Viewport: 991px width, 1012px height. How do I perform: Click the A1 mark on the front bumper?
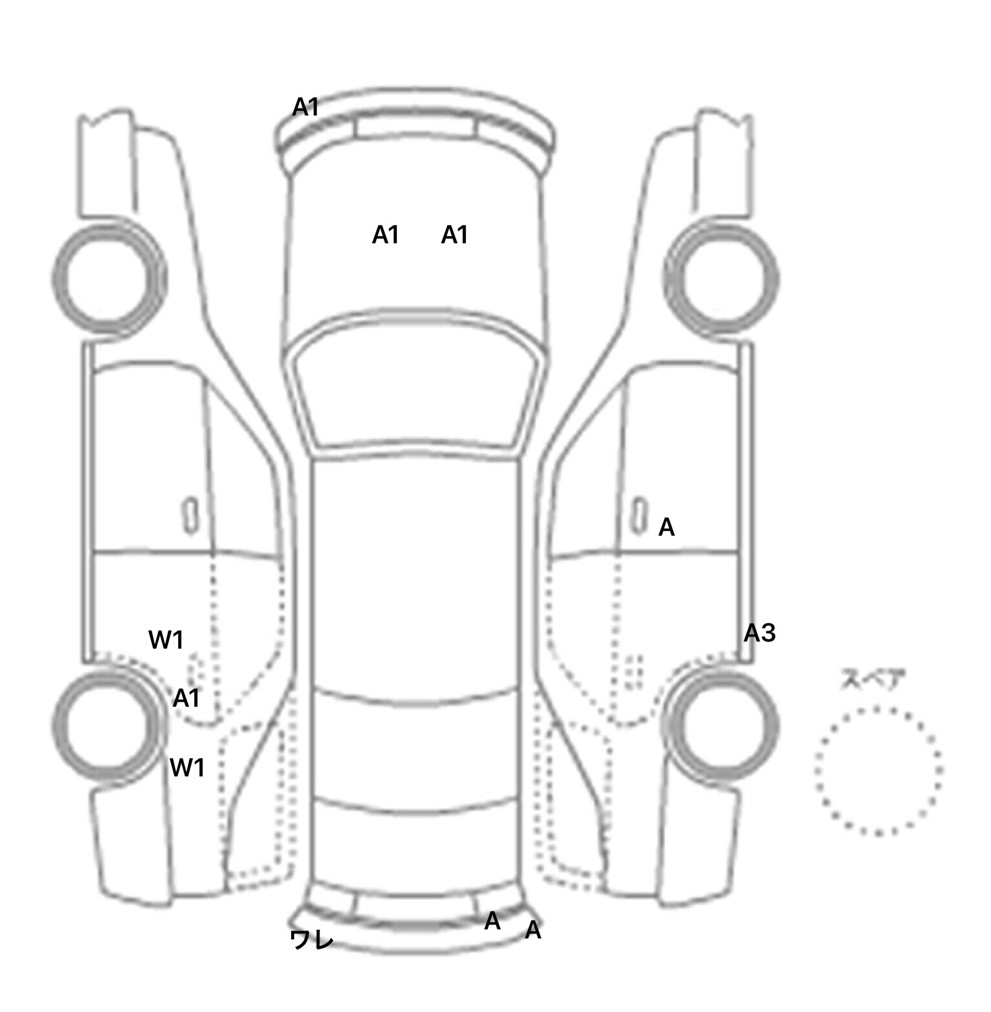coord(305,107)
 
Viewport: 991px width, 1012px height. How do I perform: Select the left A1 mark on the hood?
coord(385,236)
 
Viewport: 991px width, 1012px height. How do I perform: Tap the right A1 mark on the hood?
coord(454,236)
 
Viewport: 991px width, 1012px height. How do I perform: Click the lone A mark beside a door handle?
coord(666,528)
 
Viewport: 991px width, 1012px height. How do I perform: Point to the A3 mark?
coord(759,634)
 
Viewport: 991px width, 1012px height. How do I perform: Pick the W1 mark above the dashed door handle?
coord(166,640)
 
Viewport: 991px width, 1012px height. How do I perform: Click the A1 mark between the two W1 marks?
coord(186,698)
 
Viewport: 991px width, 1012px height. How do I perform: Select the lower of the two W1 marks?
coord(187,768)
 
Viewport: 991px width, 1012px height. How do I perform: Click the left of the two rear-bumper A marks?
coord(492,922)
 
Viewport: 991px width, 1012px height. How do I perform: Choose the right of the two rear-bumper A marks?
coord(533,931)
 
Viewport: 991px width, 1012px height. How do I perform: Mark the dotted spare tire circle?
coord(878,770)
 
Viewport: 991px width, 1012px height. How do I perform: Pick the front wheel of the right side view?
coord(721,279)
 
